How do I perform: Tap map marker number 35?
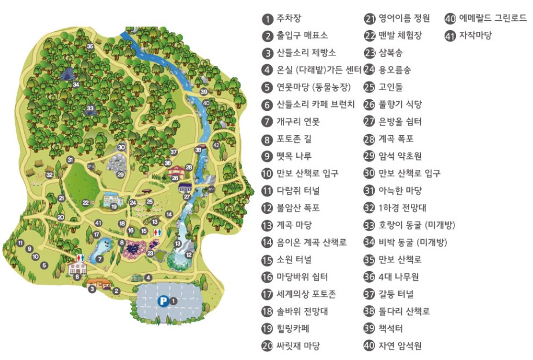(x=90, y=46)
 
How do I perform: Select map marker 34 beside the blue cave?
(x=76, y=84)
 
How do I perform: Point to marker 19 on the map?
(x=114, y=206)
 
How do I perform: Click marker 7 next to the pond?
(x=100, y=259)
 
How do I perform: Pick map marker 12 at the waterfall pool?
(x=188, y=254)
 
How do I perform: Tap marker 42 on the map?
(x=216, y=145)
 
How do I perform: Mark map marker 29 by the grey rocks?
(x=121, y=174)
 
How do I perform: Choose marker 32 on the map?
(x=50, y=175)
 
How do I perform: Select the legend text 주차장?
(x=288, y=19)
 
